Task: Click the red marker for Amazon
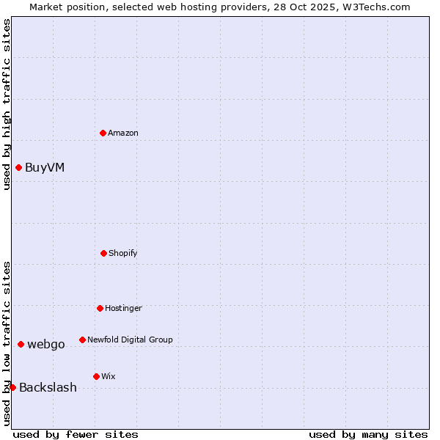pos(103,133)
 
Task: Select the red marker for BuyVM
pos(18,167)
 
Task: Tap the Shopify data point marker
pos(103,253)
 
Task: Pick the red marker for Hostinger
pos(100,308)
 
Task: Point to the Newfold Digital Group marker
pos(82,340)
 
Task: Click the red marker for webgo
pos(21,344)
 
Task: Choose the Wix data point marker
pos(96,376)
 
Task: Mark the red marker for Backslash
pos(12,387)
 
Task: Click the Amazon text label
pos(123,133)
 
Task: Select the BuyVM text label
pos(45,167)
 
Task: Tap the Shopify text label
pos(123,253)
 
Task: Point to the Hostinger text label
pos(123,308)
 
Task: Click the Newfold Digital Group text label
pos(130,340)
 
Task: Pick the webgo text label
pos(46,344)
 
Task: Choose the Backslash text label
pos(48,387)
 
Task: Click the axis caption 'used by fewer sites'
pos(76,434)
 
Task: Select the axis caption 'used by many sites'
pos(368,434)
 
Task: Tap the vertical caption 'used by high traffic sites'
pos(7,104)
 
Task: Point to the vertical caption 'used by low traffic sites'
pos(7,343)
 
